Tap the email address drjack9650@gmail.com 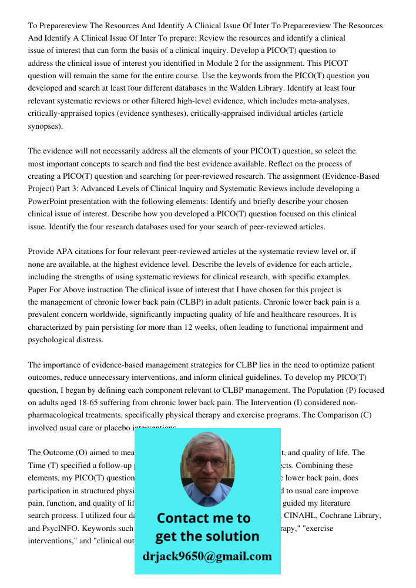207,556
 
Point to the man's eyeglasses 207,462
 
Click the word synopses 43,126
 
